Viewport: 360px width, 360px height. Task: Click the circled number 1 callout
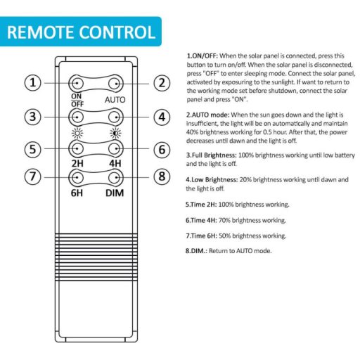[x=33, y=83]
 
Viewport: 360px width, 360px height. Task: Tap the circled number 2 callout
[x=162, y=83]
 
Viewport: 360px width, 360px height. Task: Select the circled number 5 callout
[x=33, y=149]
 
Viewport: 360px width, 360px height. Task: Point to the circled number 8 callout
[x=162, y=176]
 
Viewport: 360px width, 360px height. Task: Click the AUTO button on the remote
[x=116, y=84]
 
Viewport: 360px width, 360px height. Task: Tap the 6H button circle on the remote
[x=77, y=178]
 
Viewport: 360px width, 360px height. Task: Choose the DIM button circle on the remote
[x=116, y=178]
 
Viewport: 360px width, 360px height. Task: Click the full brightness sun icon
[x=77, y=134]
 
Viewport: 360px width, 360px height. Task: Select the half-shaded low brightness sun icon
[x=115, y=134]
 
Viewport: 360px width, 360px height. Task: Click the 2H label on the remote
[x=77, y=163]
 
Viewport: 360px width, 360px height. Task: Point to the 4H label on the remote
[x=115, y=163]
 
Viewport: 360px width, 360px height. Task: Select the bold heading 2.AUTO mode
[x=207, y=115]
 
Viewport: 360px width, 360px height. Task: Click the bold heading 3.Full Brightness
[x=211, y=155]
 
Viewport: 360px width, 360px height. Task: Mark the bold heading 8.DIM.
[x=196, y=251]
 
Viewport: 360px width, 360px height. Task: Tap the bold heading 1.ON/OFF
[x=202, y=56]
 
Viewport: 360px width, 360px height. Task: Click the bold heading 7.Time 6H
[x=201, y=236]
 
